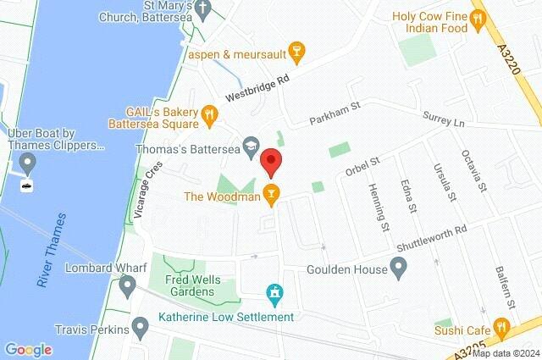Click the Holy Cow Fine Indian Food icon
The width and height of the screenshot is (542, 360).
[x=478, y=17]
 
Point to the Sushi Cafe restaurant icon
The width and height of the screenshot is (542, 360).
[x=501, y=325]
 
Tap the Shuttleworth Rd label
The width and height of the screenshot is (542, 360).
[x=432, y=235]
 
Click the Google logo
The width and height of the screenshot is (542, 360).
[x=29, y=349]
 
